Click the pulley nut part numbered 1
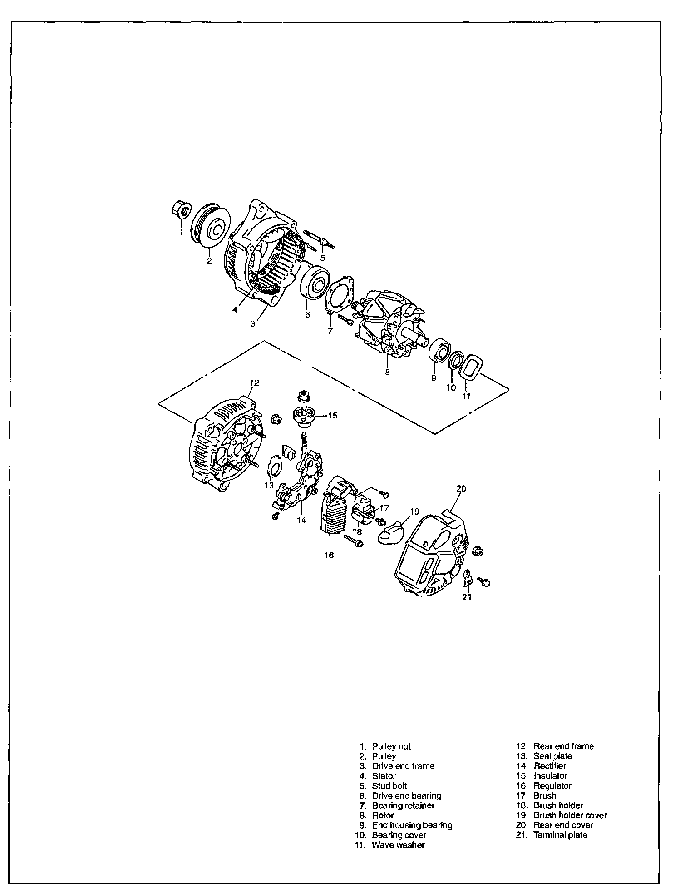click(x=181, y=209)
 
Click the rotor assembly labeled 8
click(x=390, y=323)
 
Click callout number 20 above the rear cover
click(x=461, y=489)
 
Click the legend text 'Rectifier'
click(x=550, y=766)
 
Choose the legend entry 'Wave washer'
click(x=398, y=845)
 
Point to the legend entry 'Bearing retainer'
click(x=403, y=805)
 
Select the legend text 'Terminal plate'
click(x=560, y=835)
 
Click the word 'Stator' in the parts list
click(x=384, y=776)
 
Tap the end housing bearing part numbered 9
click(x=439, y=350)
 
